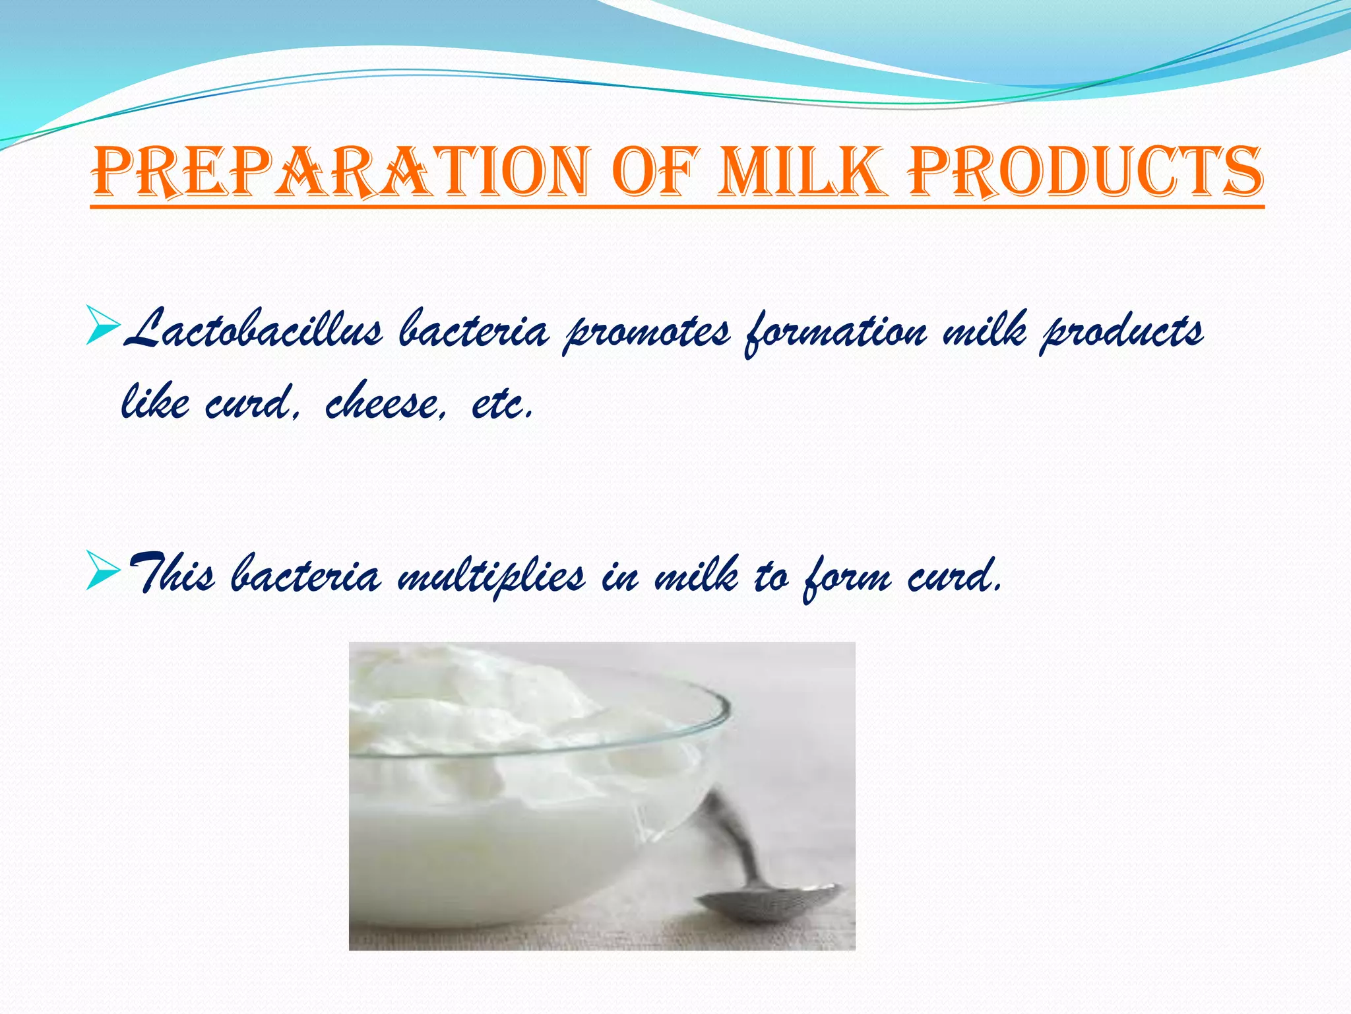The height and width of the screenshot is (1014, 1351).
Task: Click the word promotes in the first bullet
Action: pyautogui.click(x=646, y=332)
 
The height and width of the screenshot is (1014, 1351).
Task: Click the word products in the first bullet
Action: pyautogui.click(x=1121, y=332)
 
